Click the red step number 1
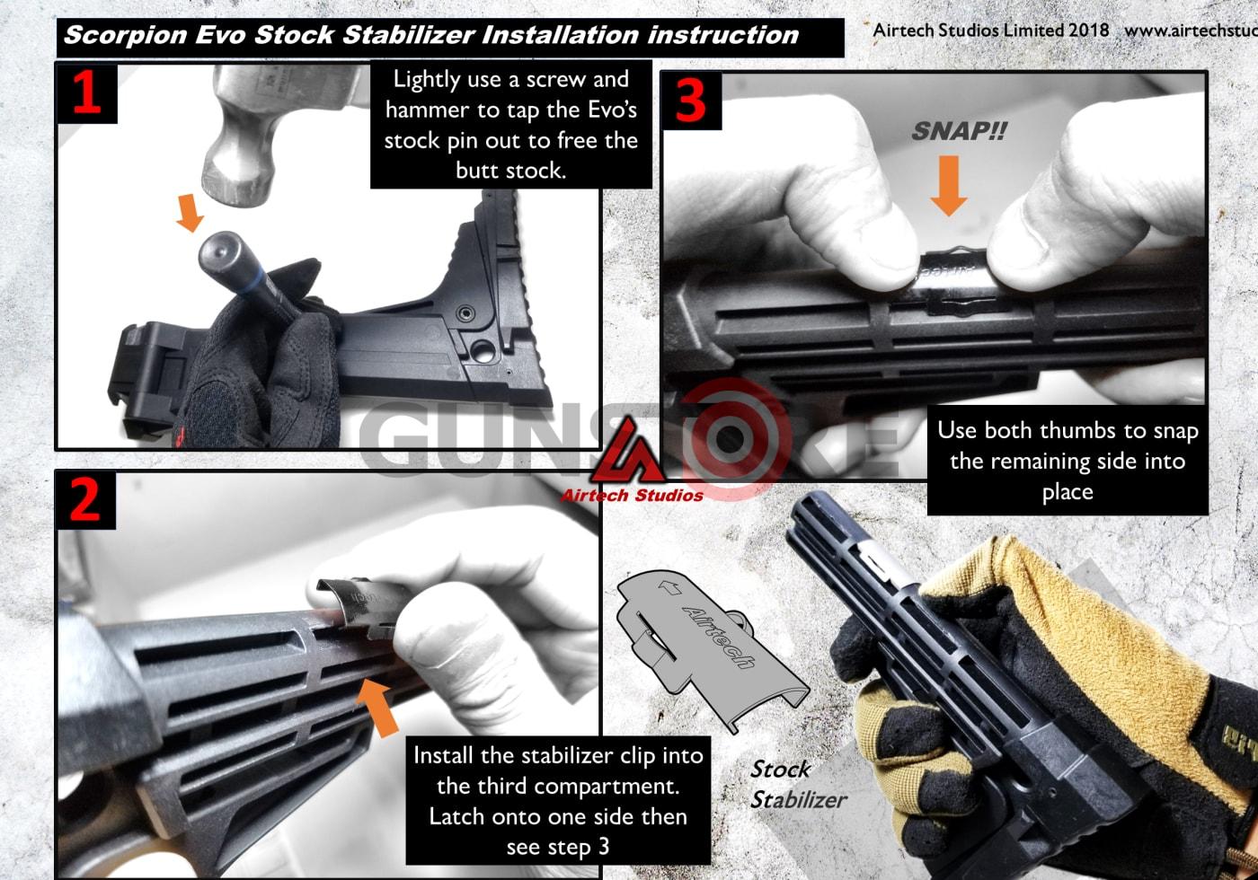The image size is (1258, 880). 86,92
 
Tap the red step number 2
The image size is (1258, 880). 85,499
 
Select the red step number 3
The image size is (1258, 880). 690,101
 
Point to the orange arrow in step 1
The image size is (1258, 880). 189,213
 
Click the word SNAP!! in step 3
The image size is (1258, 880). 959,131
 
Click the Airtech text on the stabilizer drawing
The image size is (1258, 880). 718,636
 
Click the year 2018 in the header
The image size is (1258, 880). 1088,30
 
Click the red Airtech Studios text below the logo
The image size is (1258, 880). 632,495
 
